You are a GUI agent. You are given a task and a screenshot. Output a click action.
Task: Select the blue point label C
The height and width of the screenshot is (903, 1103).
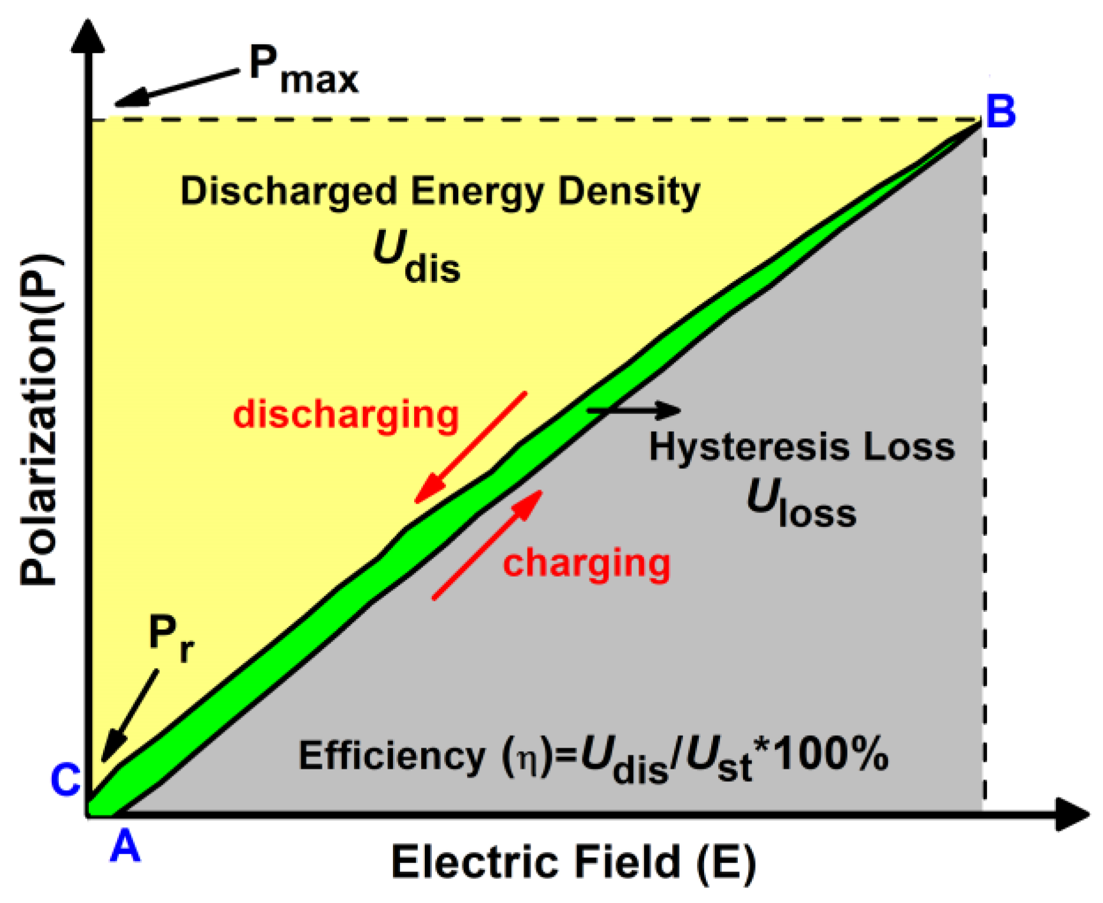tap(65, 780)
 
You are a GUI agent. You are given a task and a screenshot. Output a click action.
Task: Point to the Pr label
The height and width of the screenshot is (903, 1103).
tap(171, 638)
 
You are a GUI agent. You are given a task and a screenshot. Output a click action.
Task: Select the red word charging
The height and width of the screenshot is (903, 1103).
tap(587, 564)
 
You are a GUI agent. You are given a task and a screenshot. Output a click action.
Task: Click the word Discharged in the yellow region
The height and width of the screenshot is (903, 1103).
tap(289, 192)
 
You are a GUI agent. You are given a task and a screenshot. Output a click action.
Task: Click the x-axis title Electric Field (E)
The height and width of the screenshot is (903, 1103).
tap(574, 862)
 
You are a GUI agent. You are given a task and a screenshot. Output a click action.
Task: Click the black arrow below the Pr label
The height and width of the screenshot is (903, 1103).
tap(129, 715)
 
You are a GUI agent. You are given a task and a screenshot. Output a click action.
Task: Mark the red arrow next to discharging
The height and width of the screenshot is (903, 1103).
tap(471, 447)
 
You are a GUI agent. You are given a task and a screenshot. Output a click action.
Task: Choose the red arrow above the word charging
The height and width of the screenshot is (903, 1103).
tap(488, 545)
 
